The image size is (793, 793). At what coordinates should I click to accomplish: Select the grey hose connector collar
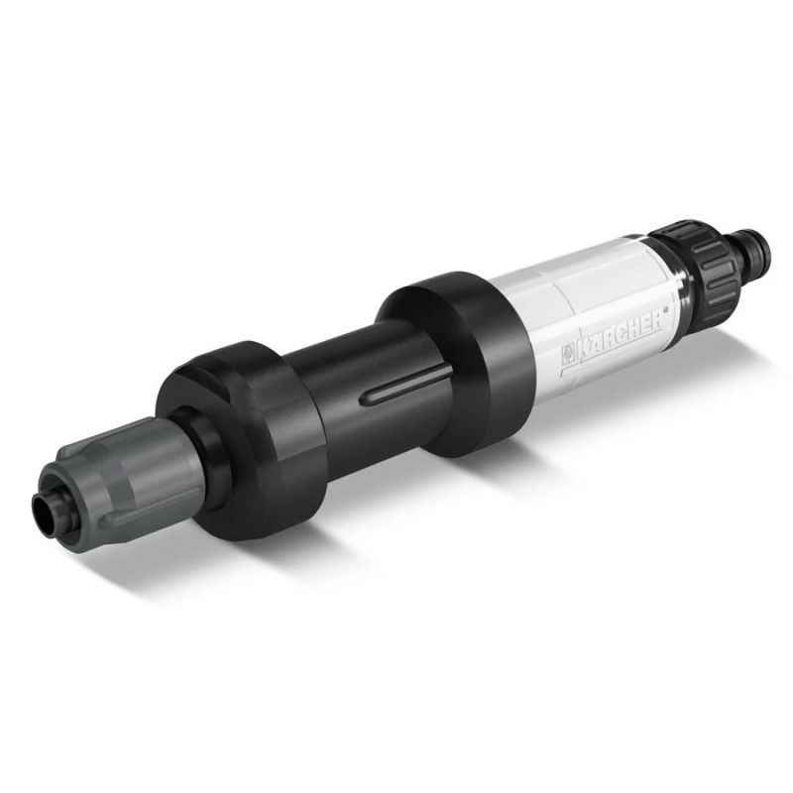(x=109, y=465)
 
